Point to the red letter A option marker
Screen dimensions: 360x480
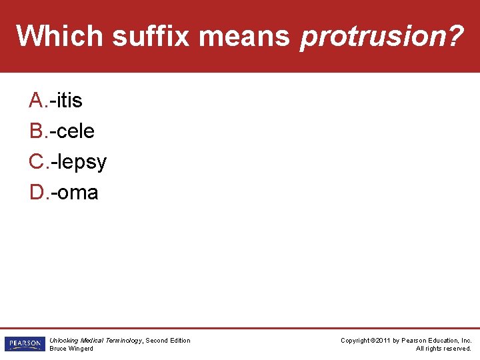pyautogui.click(x=36, y=100)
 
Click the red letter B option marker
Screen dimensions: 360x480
pyautogui.click(x=36, y=131)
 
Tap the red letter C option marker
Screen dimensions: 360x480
pyautogui.click(x=36, y=161)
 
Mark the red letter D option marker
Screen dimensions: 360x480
pyautogui.click(x=36, y=193)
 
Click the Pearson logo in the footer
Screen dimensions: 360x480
pyautogui.click(x=24, y=344)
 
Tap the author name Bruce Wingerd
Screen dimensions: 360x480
pyautogui.click(x=71, y=349)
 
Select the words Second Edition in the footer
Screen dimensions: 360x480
pyautogui.click(x=168, y=341)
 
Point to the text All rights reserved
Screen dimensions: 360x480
pyautogui.click(x=443, y=349)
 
